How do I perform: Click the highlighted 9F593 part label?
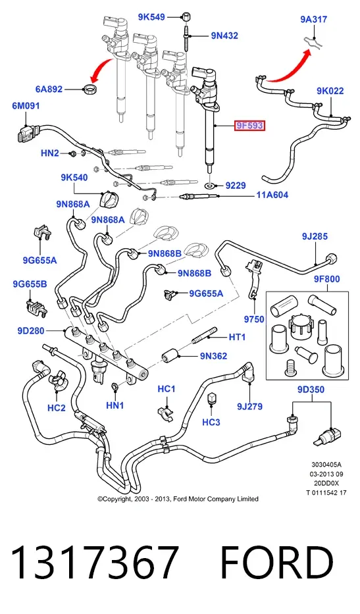[x=250, y=126]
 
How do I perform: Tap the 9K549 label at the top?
[x=151, y=17]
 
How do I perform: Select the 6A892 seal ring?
[x=90, y=89]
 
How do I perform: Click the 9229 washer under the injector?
[x=211, y=184]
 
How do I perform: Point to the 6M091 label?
[x=26, y=106]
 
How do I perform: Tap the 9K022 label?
[x=330, y=91]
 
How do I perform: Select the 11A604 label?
[x=272, y=195]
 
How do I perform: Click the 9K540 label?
[x=74, y=178]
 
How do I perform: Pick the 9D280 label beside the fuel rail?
[x=30, y=331]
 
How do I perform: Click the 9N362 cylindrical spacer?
[x=170, y=356]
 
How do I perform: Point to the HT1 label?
[x=237, y=337]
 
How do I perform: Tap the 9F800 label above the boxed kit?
[x=326, y=279]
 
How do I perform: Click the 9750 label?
[x=254, y=320]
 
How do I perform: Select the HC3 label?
[x=211, y=422]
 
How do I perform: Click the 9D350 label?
[x=311, y=390]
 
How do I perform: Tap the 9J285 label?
[x=315, y=236]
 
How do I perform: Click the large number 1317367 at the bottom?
[x=95, y=563]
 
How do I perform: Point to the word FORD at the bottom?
[x=277, y=563]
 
